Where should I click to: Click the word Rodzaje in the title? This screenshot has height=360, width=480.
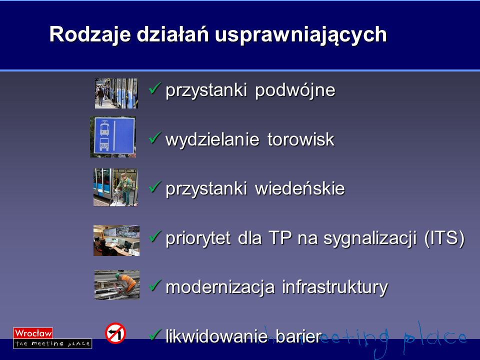pos(90,34)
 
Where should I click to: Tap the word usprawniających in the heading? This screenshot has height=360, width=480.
pos(300,35)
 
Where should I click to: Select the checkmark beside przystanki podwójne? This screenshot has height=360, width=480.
pos(155,88)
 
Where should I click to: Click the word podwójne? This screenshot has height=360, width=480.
pos(295,90)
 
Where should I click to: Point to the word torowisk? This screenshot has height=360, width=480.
pos(301,139)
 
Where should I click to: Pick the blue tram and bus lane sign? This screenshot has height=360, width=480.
pos(113,137)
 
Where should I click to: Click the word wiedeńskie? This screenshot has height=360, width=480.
pos(299,188)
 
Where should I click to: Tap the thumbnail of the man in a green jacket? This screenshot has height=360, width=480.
pos(115,187)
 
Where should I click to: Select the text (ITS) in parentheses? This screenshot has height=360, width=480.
pos(444,238)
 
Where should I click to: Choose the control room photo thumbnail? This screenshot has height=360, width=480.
pos(116,240)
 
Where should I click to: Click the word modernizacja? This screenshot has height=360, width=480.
pos(220,287)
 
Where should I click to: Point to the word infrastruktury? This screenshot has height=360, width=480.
pos(335,288)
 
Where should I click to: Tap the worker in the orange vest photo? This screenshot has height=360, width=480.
pos(117,285)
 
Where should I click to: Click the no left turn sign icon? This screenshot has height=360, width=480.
pos(115,333)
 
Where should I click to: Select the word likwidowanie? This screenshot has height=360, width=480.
pos(216,336)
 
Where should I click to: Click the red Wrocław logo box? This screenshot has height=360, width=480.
pos(33,333)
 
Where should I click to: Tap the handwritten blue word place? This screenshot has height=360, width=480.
pos(435,336)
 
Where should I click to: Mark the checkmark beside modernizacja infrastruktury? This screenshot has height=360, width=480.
pos(155,285)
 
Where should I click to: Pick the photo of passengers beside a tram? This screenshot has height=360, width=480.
pos(116,93)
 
